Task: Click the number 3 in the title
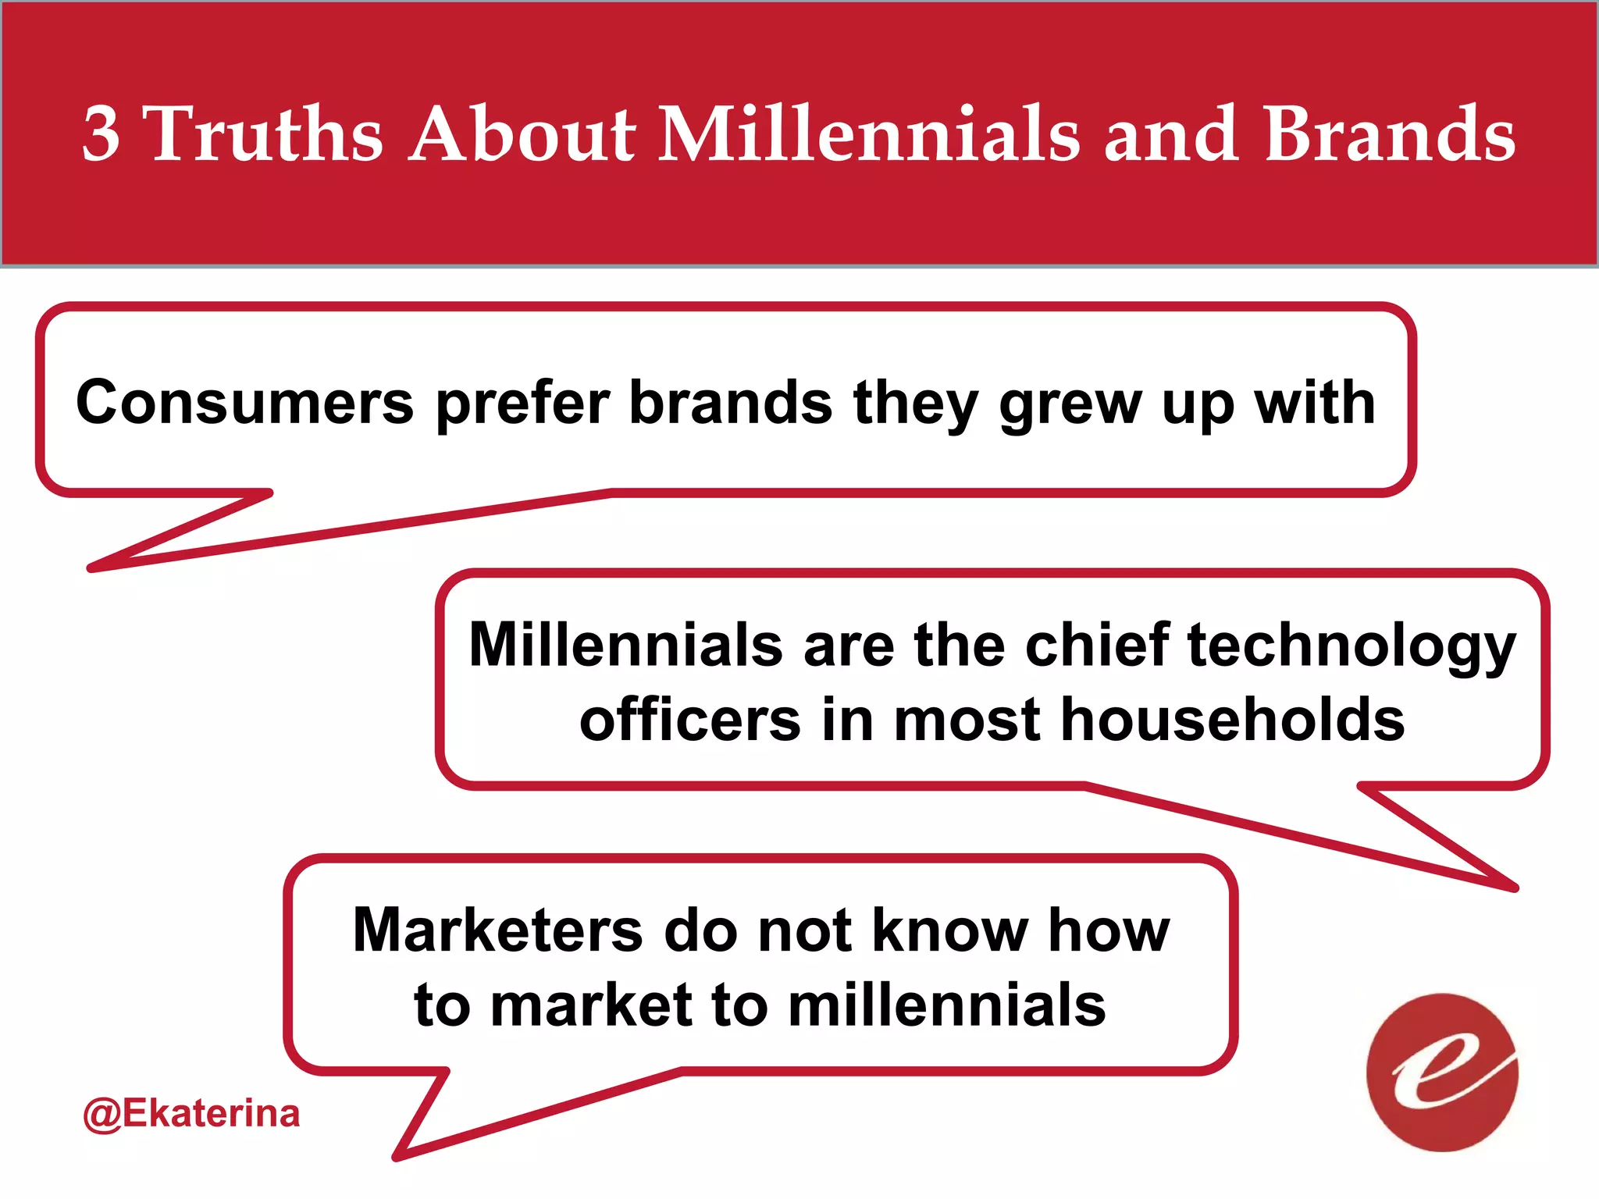[x=101, y=134]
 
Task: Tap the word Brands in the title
[x=1389, y=134]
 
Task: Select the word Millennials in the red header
[x=870, y=134]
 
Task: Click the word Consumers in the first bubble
[x=244, y=403]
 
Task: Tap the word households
[x=1233, y=720]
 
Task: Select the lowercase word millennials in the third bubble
[x=946, y=1005]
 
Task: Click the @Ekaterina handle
[x=191, y=1113]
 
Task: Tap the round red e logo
[x=1442, y=1073]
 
